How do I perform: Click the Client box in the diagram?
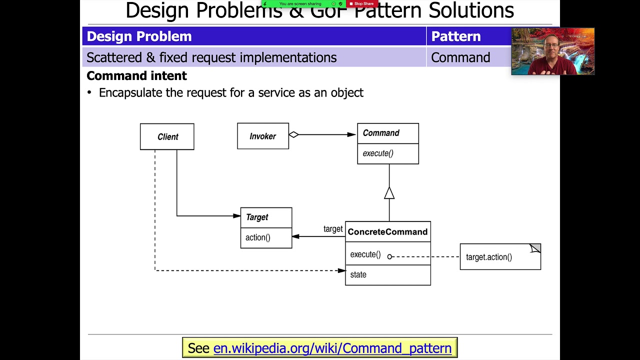[x=167, y=136]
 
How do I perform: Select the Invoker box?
[x=262, y=136]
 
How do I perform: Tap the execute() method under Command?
[x=378, y=153]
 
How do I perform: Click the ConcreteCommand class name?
[x=387, y=232]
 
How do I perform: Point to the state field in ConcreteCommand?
[x=358, y=274]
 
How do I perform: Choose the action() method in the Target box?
[x=258, y=237]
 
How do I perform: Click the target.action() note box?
[x=499, y=257]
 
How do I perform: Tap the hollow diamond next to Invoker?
[x=293, y=134]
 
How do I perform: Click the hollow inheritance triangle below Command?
[x=389, y=193]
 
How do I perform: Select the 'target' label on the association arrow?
[x=333, y=229]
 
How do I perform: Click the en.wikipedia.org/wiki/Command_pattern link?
[x=332, y=348]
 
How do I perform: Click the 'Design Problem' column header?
[x=139, y=36]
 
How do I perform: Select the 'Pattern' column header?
[x=455, y=36]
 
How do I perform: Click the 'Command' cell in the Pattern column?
[x=460, y=57]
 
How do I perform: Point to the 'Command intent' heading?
[x=136, y=75]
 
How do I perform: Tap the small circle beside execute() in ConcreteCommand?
[x=390, y=256]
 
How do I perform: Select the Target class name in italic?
[x=257, y=217]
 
